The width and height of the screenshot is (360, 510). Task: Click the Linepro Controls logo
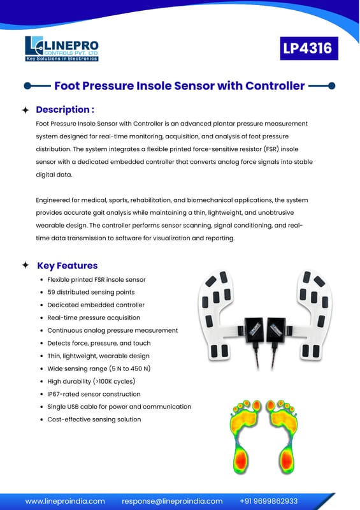coord(62,48)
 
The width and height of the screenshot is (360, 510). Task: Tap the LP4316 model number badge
coord(309,48)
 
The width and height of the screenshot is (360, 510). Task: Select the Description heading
coord(65,110)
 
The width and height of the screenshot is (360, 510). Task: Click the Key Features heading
coord(68,265)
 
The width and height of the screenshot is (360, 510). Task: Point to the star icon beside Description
coord(25,110)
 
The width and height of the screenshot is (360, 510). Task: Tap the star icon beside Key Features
coord(25,265)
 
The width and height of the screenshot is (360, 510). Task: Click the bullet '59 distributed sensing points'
coord(90,292)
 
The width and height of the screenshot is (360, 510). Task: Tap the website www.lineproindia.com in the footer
coord(65,501)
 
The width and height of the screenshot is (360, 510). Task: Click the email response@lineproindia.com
coord(173,501)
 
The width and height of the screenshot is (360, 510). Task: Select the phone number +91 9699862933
coord(269,501)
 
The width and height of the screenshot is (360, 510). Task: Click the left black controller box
coord(255,329)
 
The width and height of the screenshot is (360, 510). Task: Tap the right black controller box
coord(276,329)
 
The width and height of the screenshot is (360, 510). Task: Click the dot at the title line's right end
coord(332,86)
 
